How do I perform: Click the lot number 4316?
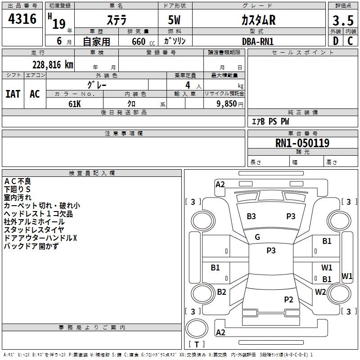(x=22, y=19)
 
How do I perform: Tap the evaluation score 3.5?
(x=342, y=21)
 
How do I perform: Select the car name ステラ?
(x=116, y=20)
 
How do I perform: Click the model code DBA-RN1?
(x=258, y=41)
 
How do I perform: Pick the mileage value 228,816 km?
(x=53, y=64)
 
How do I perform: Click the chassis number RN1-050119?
(x=302, y=143)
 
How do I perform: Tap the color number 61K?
(x=75, y=103)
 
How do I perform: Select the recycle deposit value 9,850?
(x=227, y=103)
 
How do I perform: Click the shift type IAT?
(x=13, y=94)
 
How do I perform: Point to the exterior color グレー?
(x=97, y=85)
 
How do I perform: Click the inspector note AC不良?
(x=18, y=181)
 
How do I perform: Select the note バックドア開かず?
(x=31, y=246)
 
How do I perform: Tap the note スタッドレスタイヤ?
(x=34, y=230)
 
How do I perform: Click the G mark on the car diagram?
(x=257, y=237)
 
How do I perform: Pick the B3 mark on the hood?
(x=251, y=216)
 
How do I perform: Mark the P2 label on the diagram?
(x=288, y=299)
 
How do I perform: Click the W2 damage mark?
(x=320, y=292)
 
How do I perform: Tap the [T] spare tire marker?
(x=197, y=345)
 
